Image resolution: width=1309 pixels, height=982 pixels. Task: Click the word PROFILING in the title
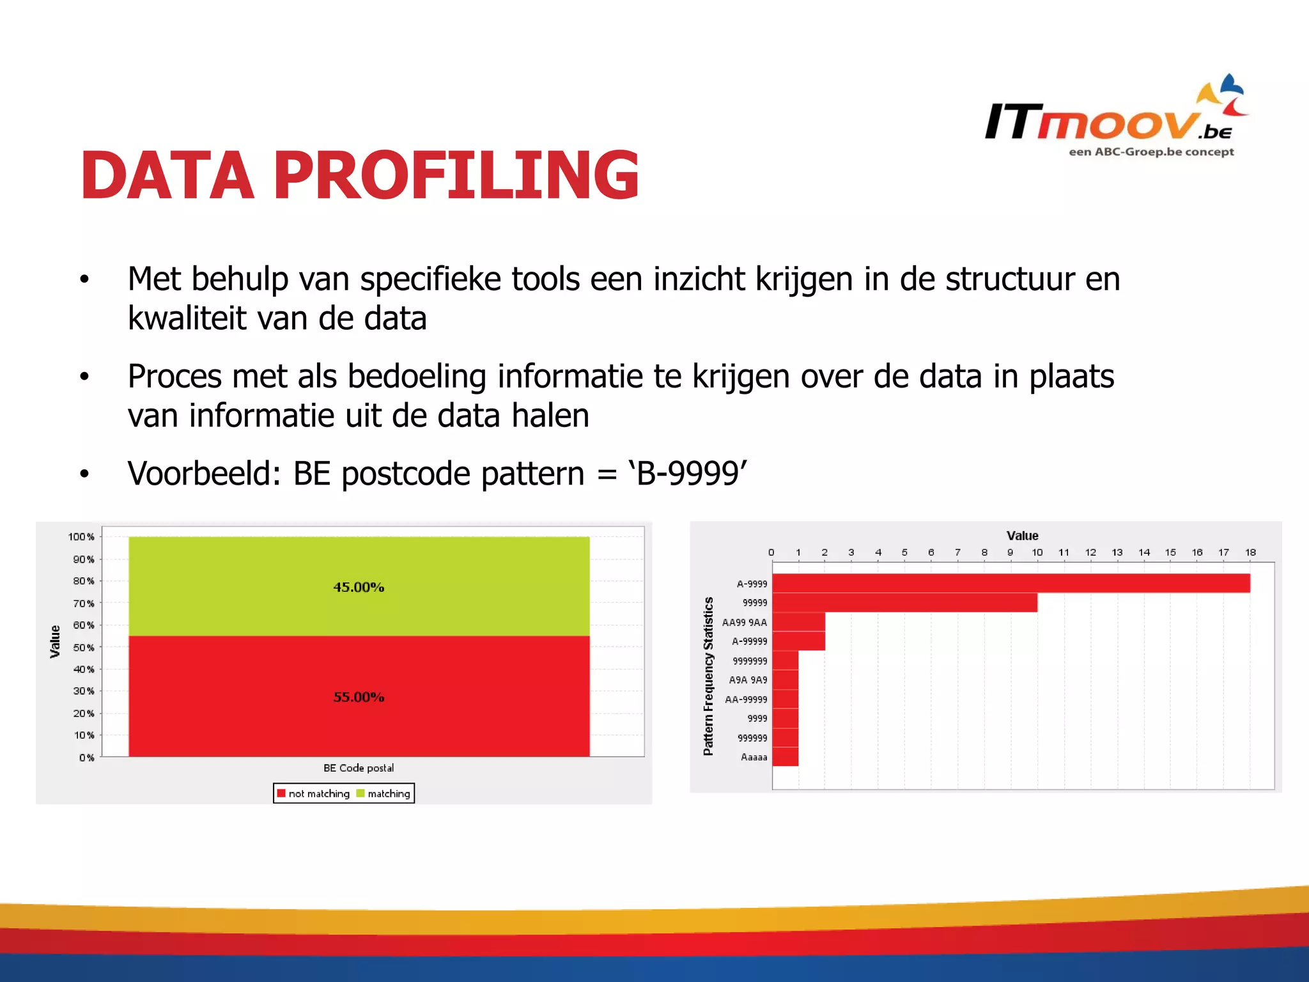[x=456, y=175]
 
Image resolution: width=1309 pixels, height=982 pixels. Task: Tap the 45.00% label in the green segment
[x=359, y=587]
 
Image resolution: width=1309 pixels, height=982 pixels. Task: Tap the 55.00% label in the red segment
[x=359, y=697]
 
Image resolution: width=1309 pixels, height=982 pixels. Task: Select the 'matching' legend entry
[x=384, y=793]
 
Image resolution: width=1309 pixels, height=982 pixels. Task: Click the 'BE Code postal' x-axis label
[x=359, y=768]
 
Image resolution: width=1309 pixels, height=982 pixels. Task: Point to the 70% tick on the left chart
[x=84, y=603]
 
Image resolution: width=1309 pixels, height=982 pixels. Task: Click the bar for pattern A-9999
[x=1010, y=583]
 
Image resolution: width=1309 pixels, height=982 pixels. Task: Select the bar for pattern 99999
[x=904, y=602]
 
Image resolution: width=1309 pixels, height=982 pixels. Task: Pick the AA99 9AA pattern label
[x=744, y=622]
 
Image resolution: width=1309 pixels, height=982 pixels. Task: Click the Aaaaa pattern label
[x=754, y=757]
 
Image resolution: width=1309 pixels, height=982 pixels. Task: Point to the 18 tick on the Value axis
[x=1250, y=552]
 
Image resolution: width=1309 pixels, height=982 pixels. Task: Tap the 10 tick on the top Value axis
[x=1037, y=552]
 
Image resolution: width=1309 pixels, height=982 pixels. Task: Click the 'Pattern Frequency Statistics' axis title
[x=708, y=676]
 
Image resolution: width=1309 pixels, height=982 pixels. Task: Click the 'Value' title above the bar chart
[x=1022, y=536]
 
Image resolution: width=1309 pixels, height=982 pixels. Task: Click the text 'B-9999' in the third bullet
[x=688, y=474]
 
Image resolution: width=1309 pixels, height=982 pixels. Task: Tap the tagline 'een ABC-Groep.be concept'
[x=1151, y=152]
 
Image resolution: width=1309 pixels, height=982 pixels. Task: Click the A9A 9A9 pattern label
[x=748, y=680]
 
